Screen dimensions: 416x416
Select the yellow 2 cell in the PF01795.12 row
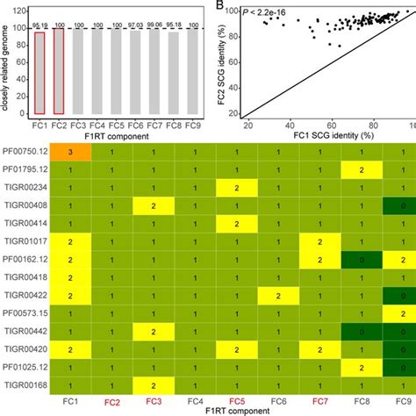point(361,169)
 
